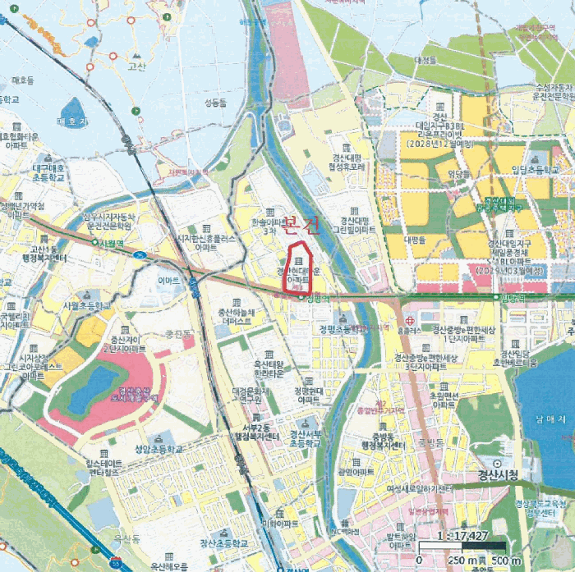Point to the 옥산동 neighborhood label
[127, 538]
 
